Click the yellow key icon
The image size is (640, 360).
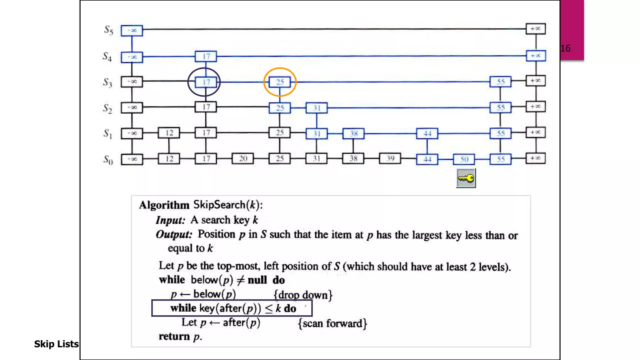(466, 178)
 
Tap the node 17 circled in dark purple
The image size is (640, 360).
(206, 82)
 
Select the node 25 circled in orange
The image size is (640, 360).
(280, 82)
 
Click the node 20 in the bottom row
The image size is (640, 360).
(243, 159)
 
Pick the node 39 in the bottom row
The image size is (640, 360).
(390, 158)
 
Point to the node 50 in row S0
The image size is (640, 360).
(464, 159)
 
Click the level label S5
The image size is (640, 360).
(108, 30)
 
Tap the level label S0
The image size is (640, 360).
(108, 160)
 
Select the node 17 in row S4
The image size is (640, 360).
(206, 57)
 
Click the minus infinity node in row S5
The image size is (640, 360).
(132, 30)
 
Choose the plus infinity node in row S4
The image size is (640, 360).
(536, 56)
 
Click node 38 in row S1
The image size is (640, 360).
(353, 134)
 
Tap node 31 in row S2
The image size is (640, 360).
(317, 108)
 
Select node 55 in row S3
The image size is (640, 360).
(501, 82)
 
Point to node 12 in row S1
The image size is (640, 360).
(169, 133)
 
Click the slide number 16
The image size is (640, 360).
(565, 48)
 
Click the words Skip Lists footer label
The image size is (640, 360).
(56, 344)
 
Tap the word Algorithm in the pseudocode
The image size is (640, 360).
(164, 205)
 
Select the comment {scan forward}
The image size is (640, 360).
(332, 323)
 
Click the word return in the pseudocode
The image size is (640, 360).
(174, 337)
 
